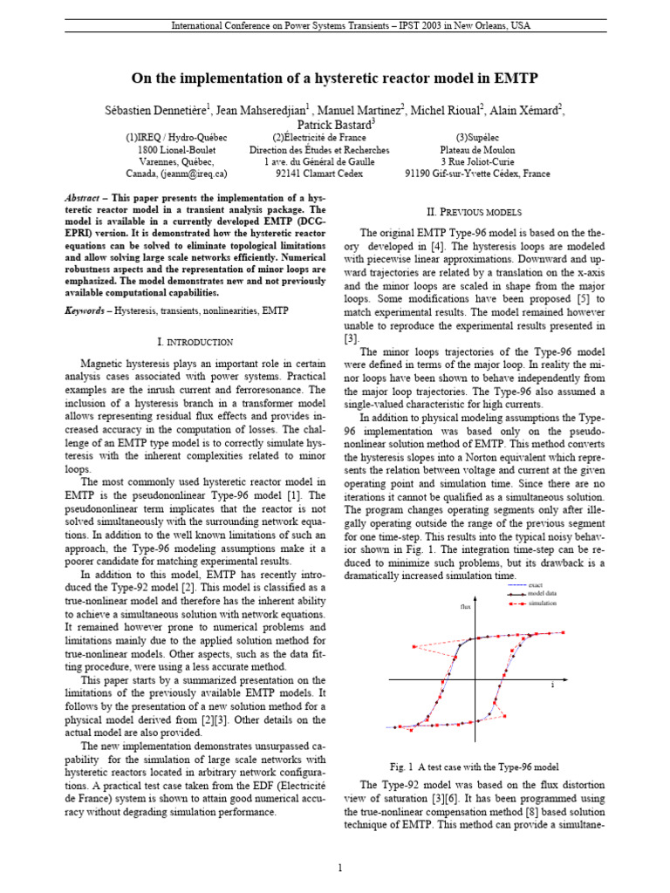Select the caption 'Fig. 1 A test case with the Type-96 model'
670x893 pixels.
click(474, 767)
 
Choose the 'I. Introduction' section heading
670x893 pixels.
click(192, 342)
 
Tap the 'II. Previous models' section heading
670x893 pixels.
click(474, 212)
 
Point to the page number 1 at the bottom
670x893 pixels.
click(340, 868)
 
